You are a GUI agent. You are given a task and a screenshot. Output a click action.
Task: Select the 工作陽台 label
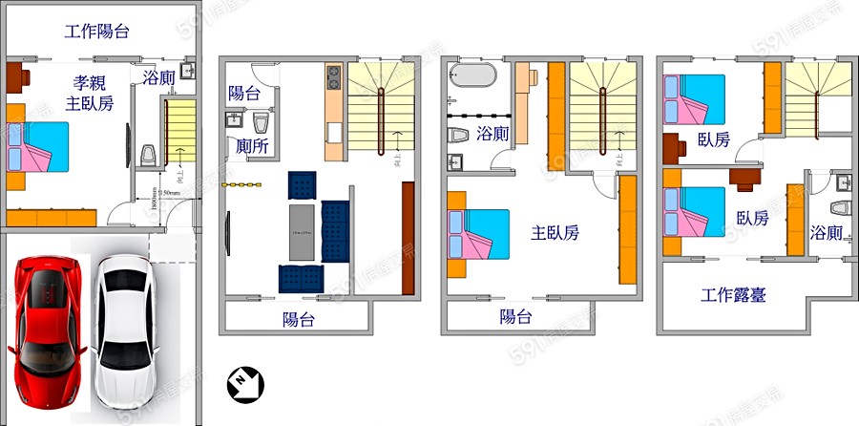click(96, 31)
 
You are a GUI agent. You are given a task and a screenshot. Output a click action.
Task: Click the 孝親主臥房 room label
click(88, 91)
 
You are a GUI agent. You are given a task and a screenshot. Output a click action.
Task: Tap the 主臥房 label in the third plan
click(555, 232)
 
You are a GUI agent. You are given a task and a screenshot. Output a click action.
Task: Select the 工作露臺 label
click(733, 294)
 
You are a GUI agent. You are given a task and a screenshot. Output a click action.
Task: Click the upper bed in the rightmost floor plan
click(696, 98)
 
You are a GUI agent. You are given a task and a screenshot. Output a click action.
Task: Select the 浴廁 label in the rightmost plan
click(827, 232)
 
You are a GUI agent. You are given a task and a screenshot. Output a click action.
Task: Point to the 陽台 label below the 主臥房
click(515, 317)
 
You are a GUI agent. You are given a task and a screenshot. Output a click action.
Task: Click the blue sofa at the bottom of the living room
click(302, 278)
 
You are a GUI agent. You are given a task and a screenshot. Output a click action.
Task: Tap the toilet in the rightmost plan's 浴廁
click(840, 207)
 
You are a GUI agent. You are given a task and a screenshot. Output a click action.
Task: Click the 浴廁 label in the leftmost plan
click(158, 77)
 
